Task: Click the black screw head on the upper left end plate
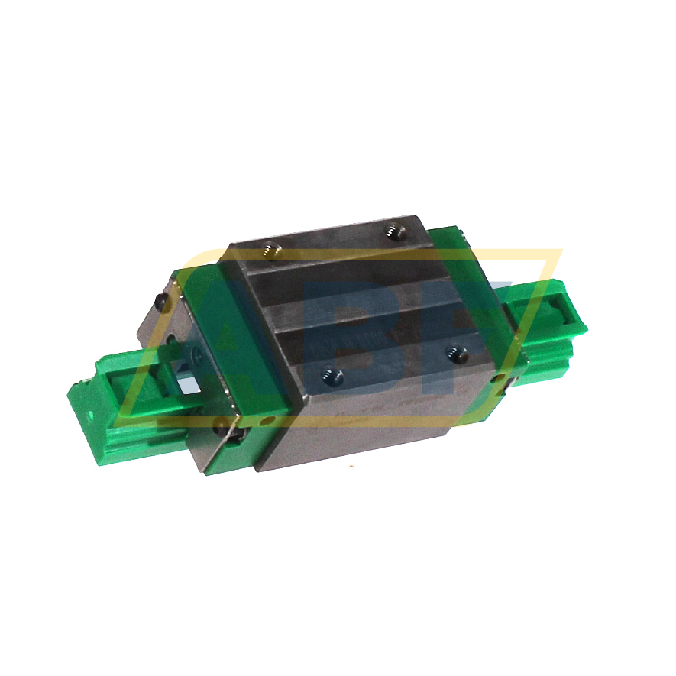[160, 303]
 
